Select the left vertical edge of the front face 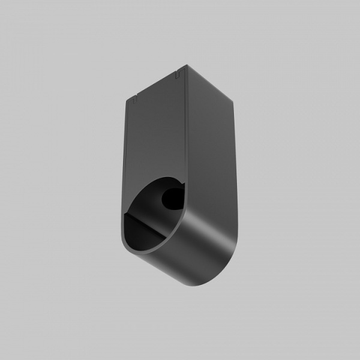click(126, 156)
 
